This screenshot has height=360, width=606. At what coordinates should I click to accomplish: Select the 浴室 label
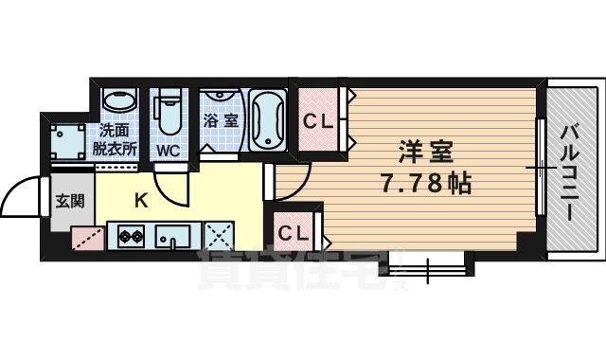coord(221,121)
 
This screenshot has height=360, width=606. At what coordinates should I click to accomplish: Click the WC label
coord(167,151)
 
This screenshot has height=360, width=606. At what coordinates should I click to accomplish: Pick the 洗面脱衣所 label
coord(115,141)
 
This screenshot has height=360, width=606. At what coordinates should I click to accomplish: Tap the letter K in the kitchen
coord(140,200)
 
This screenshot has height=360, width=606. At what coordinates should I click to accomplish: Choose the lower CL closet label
coord(292,230)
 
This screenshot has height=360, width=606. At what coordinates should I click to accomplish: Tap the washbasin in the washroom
coord(119,102)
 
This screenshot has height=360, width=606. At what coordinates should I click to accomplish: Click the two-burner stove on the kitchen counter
coord(130,235)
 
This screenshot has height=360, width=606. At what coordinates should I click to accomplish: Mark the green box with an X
coord(220,235)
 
